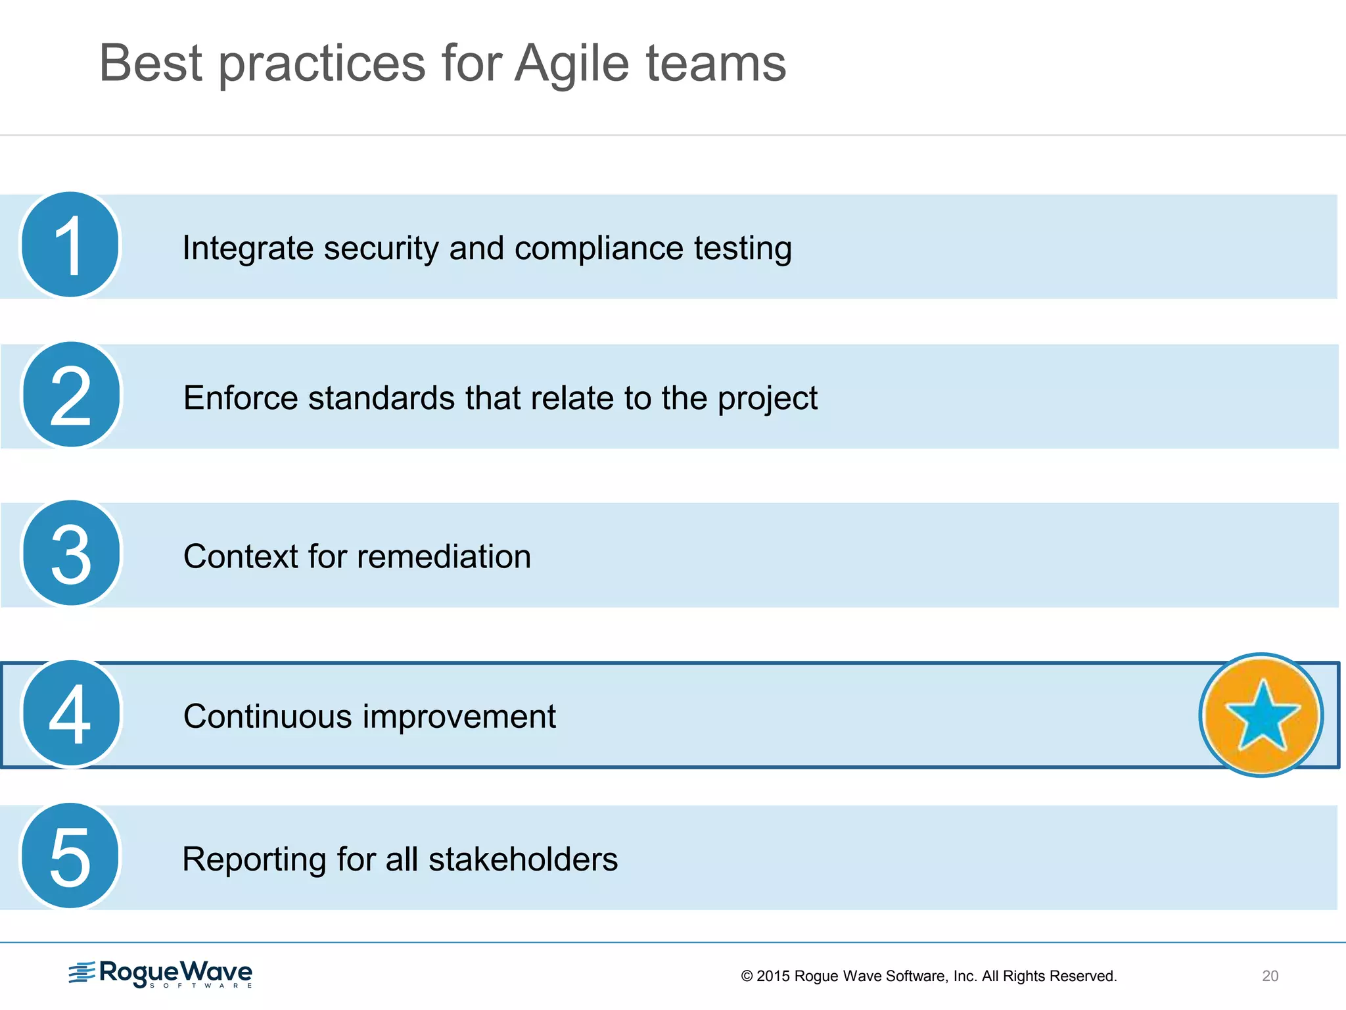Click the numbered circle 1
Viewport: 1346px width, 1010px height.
point(70,245)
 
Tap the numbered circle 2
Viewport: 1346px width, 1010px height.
point(71,395)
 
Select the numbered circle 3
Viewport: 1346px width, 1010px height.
point(71,554)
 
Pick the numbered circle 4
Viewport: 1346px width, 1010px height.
point(71,713)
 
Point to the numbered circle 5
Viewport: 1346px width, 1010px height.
point(70,856)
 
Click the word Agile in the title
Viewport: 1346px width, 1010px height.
point(572,64)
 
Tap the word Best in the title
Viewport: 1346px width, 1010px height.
point(151,64)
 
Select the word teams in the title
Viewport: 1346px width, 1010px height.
point(716,64)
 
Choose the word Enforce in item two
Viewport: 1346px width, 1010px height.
point(240,398)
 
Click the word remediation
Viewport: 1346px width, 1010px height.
point(444,557)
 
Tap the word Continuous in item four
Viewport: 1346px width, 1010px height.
point(267,717)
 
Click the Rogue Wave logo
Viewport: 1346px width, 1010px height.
point(160,974)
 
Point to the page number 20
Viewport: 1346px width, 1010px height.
point(1270,976)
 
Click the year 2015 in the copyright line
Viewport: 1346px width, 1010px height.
point(773,976)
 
